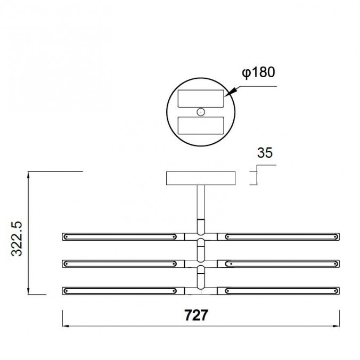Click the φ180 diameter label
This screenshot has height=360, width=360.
coord(258,72)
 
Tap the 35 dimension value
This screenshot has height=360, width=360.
coord(265,153)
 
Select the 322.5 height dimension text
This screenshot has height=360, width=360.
coord(18,237)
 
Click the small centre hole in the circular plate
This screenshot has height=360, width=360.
coord(200,112)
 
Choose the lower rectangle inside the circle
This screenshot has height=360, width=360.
coord(200,126)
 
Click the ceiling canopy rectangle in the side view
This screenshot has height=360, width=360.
coord(201,178)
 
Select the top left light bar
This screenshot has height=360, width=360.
coord(119,236)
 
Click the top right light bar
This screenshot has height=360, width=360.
coord(281,236)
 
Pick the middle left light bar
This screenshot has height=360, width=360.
coord(119,263)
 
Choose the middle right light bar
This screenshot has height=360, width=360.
coord(281,263)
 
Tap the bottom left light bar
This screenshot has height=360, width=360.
coord(119,290)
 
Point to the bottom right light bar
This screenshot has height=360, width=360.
coord(281,290)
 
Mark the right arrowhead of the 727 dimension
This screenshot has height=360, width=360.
coord(338,326)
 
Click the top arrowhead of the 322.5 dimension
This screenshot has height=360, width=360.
coord(29,174)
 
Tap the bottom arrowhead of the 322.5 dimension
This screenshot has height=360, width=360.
coord(29,292)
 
